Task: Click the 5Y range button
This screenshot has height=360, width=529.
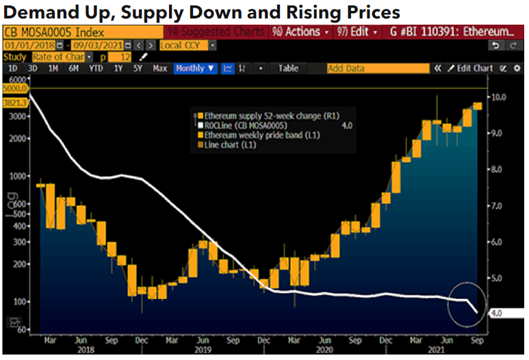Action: click(x=138, y=68)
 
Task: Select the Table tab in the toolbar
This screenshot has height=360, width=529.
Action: click(x=288, y=68)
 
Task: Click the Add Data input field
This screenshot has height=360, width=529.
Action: click(x=376, y=68)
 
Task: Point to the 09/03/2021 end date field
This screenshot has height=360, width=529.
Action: click(x=87, y=45)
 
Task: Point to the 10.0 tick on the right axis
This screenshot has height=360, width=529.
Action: click(x=499, y=97)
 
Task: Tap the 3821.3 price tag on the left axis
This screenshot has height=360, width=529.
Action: click(x=14, y=102)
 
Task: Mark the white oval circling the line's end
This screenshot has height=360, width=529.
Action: click(x=467, y=303)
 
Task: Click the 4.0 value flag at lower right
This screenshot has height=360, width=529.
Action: click(x=498, y=313)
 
